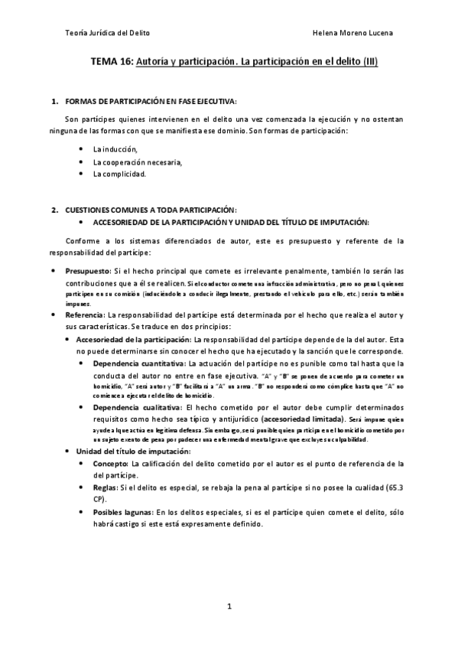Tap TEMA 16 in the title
112,62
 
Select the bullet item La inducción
115,149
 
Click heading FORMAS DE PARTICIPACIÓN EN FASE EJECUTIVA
151,101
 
